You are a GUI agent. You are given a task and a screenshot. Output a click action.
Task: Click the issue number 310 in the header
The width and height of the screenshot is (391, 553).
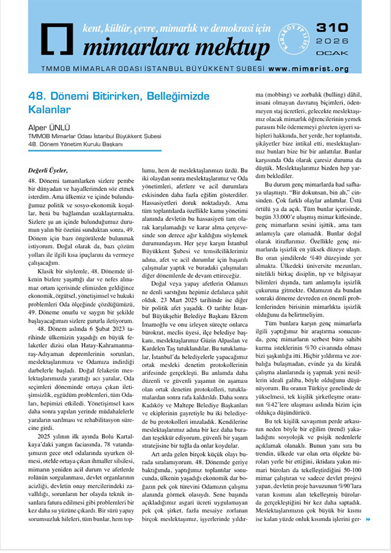333,28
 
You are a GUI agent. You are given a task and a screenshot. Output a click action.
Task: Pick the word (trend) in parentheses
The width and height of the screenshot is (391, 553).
341,431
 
